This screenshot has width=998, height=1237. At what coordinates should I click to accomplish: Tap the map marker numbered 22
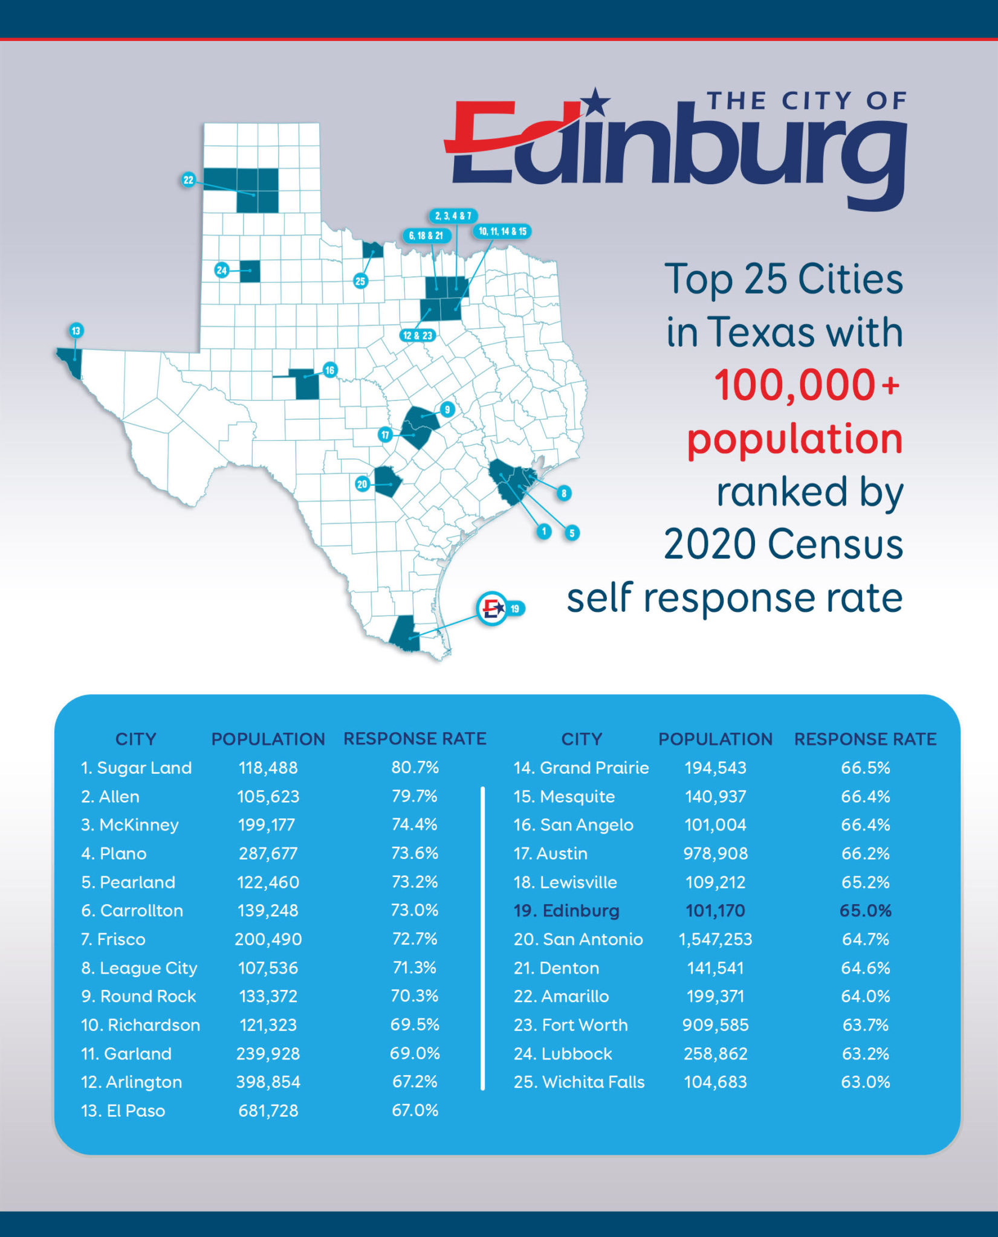tap(189, 179)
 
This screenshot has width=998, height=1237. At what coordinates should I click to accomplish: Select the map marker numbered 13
tap(76, 330)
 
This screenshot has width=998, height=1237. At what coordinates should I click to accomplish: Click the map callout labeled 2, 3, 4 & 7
tap(453, 216)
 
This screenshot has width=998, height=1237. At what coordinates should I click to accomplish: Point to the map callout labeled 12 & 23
tap(418, 335)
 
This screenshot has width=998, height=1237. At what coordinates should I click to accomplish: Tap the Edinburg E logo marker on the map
tap(492, 608)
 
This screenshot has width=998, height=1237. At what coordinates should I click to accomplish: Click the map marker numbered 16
tap(329, 370)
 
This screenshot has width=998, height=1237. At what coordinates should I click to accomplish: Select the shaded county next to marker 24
tap(250, 271)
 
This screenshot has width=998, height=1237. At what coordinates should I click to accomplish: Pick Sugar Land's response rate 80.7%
tap(415, 768)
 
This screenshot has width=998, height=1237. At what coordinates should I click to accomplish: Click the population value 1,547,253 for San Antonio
tap(715, 939)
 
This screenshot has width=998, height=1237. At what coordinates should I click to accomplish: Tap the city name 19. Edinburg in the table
tap(566, 910)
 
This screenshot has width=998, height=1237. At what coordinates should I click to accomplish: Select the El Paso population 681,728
tap(268, 1111)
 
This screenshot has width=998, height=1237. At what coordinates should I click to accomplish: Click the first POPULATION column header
tap(268, 739)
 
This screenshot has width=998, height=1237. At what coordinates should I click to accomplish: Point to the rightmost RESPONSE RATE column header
tap(865, 739)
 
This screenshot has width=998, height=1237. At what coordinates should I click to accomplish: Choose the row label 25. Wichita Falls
tap(579, 1082)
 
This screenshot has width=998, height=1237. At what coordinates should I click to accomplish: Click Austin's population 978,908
tap(715, 853)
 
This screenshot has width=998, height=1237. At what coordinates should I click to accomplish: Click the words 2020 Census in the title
tap(783, 544)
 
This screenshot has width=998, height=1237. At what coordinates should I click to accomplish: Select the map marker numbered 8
tap(563, 493)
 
